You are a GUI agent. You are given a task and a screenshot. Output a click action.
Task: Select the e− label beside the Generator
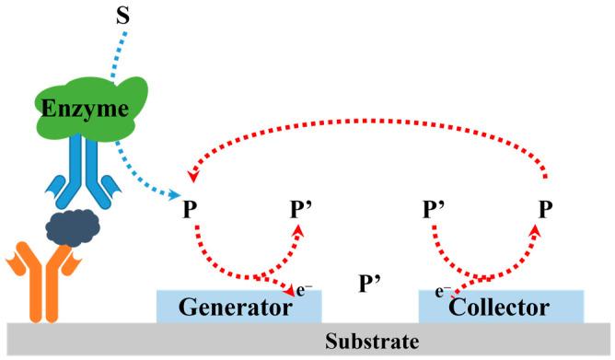(x=303, y=288)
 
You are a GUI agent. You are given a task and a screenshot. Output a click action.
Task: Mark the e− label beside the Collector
(x=443, y=290)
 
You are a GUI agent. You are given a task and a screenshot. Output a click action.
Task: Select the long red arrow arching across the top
(x=368, y=120)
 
